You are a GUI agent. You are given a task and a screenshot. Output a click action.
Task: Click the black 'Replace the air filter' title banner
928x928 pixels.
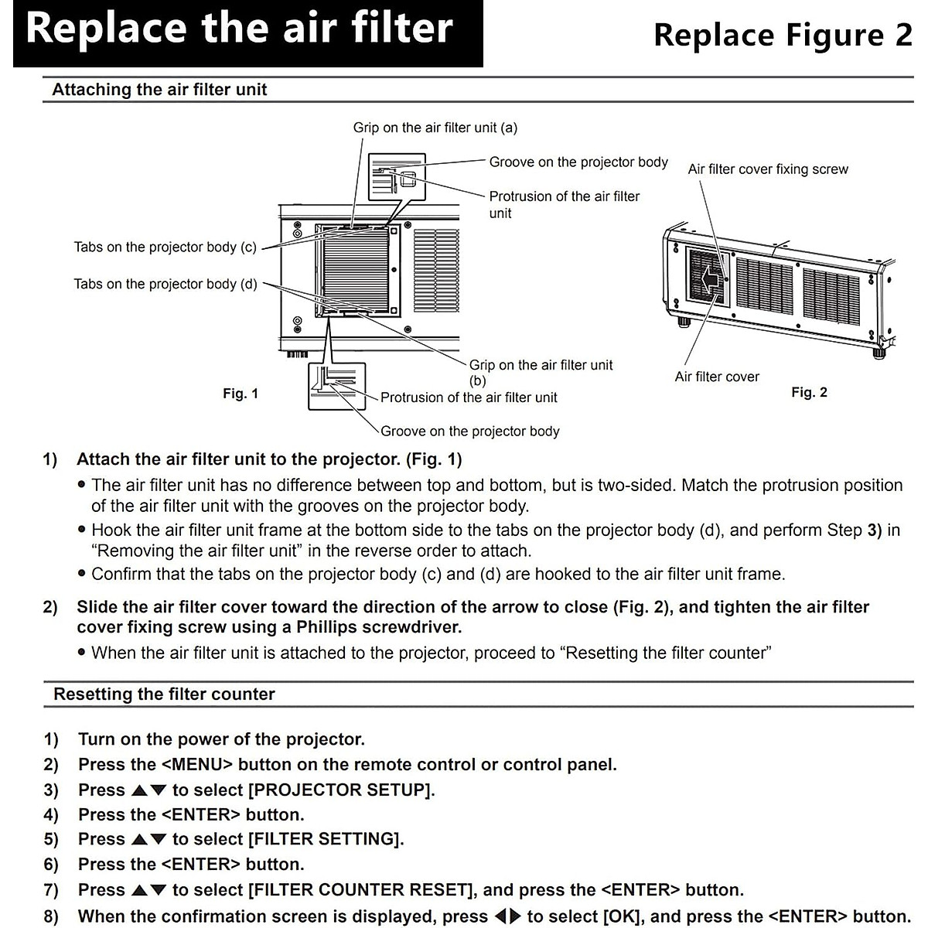[x=247, y=31]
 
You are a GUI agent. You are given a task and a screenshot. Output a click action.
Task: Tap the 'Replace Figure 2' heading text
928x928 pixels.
[x=783, y=36]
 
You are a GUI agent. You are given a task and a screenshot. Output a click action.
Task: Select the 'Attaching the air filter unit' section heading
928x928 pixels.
[x=159, y=90]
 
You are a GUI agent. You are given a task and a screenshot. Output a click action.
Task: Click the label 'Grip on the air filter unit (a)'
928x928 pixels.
[x=435, y=128]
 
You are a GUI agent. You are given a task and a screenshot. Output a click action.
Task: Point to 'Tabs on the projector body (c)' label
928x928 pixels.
[x=165, y=247]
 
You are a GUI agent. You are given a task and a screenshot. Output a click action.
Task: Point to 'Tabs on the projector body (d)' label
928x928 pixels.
[x=165, y=285]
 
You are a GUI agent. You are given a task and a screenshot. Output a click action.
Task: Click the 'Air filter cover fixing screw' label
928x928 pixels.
[x=768, y=169]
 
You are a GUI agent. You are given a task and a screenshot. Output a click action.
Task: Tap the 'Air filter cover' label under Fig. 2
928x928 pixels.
[x=717, y=377]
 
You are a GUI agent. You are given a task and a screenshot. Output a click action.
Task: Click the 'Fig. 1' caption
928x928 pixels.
[x=241, y=394]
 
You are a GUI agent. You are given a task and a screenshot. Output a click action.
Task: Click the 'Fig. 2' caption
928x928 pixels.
[x=809, y=393]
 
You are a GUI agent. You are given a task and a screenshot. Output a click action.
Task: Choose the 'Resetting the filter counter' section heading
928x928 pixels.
[x=164, y=694]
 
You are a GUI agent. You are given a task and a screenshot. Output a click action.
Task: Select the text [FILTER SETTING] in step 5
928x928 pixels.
[x=325, y=839]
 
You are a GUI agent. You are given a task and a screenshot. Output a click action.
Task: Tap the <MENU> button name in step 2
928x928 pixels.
[x=197, y=765]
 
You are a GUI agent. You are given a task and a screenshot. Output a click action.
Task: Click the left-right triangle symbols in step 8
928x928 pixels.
[x=508, y=917]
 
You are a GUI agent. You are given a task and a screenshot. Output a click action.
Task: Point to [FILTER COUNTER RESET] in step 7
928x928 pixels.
[x=360, y=890]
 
